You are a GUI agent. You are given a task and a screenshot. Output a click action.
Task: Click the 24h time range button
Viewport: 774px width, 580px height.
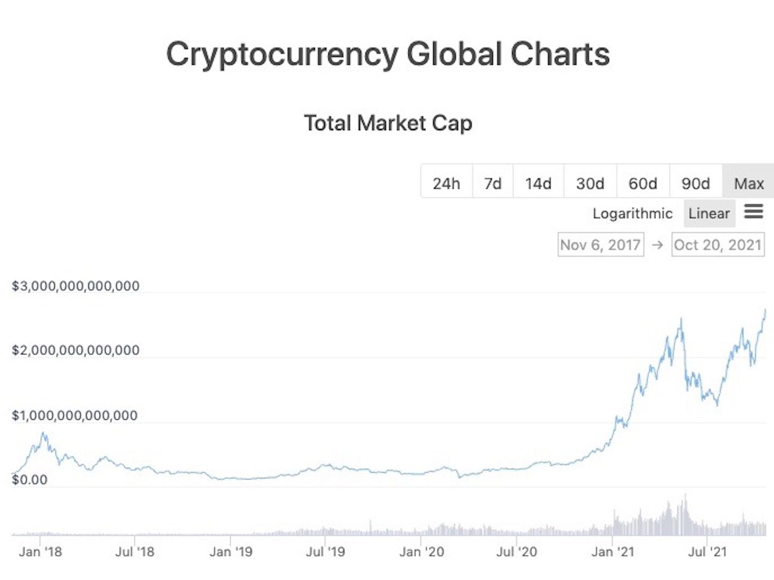click(446, 183)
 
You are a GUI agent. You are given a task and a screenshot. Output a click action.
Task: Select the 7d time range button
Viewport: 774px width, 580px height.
click(492, 183)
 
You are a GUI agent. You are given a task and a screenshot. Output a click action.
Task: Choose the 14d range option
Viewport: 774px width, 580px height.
click(538, 183)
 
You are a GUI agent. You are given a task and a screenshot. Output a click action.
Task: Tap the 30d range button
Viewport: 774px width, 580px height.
click(590, 183)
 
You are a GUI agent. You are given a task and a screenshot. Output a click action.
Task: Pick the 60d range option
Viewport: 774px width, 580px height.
click(642, 183)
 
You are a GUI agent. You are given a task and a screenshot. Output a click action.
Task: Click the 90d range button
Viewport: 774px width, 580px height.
click(696, 183)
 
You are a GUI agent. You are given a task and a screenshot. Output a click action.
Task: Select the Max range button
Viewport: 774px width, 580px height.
click(749, 183)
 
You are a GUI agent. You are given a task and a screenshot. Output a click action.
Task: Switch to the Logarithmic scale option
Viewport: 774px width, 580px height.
click(632, 213)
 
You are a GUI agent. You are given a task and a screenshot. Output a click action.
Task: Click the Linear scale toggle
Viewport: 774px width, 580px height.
click(709, 213)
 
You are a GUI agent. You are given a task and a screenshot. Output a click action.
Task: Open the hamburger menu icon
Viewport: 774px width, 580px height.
click(754, 211)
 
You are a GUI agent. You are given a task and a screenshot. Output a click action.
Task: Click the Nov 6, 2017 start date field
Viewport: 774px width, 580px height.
click(600, 245)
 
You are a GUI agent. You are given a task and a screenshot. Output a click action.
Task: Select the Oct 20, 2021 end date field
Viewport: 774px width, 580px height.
click(718, 245)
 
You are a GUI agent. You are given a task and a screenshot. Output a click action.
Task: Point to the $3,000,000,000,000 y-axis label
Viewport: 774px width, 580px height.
click(76, 286)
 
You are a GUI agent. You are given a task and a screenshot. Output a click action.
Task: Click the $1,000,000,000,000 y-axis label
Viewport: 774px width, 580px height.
click(75, 416)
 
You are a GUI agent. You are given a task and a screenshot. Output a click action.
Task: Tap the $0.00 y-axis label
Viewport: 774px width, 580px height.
click(30, 479)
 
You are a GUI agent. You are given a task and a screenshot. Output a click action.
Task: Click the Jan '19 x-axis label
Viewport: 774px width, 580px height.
click(231, 552)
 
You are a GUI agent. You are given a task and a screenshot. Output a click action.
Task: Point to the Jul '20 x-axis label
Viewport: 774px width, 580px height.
click(517, 552)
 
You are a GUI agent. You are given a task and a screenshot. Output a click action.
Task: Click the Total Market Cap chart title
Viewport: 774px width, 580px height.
click(388, 123)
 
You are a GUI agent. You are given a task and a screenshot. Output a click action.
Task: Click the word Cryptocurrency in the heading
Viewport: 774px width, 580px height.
click(282, 54)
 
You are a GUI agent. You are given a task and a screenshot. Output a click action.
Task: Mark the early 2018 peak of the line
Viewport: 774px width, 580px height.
click(44, 433)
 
